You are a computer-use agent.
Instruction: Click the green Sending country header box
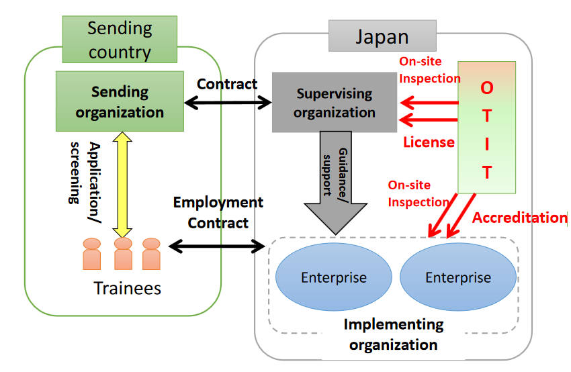tap(120, 40)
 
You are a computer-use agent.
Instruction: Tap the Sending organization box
tap(120, 101)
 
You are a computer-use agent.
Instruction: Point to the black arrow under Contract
tap(228, 103)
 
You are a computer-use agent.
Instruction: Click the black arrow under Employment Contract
tap(216, 246)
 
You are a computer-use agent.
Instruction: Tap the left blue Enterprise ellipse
tap(334, 277)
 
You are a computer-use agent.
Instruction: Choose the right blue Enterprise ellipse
tap(458, 277)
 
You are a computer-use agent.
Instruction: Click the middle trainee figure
tap(123, 253)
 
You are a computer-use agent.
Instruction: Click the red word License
tap(429, 142)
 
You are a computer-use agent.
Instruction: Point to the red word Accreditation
tap(519, 218)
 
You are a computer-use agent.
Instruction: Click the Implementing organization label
tap(394, 334)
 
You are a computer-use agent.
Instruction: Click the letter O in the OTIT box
tap(487, 88)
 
